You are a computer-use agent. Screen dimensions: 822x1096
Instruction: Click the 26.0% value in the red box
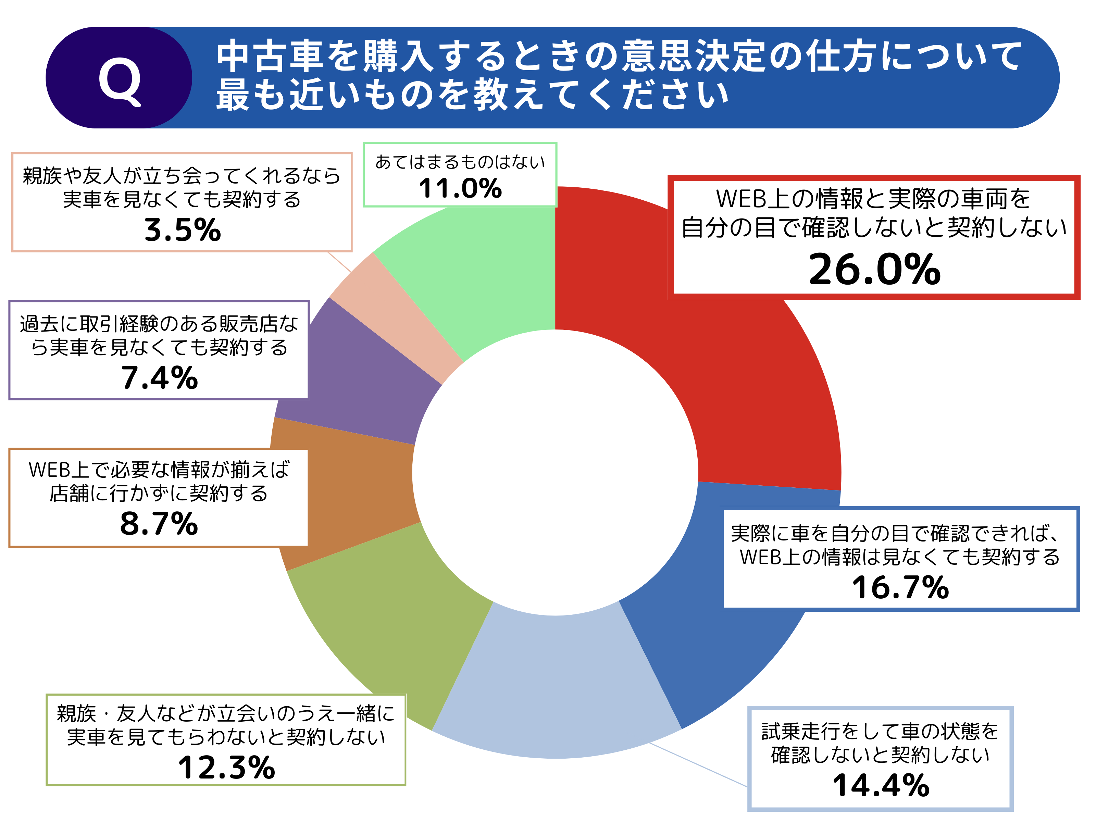point(874,270)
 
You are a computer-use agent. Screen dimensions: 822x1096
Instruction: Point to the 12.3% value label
point(226,768)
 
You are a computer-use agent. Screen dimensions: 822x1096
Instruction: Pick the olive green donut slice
point(396,619)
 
